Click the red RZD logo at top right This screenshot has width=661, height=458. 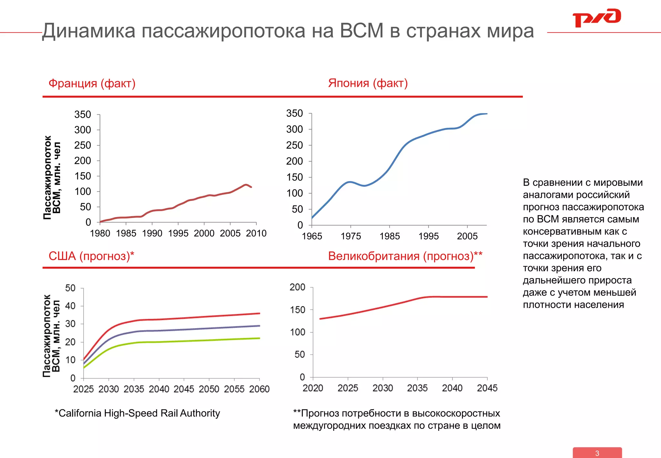click(x=596, y=18)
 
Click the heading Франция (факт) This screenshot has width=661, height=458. click(x=92, y=83)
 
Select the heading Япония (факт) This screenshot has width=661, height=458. click(x=368, y=83)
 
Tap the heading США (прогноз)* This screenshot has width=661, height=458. click(x=91, y=256)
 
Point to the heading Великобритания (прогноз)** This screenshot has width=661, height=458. click(x=405, y=256)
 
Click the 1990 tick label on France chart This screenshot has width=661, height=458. click(x=152, y=233)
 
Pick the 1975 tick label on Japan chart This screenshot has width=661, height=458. click(x=351, y=236)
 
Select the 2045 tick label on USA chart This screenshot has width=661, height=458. click(x=184, y=389)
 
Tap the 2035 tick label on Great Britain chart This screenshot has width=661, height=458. click(x=417, y=388)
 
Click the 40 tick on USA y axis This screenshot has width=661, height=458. click(x=70, y=306)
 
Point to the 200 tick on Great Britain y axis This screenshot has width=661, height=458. click(x=297, y=287)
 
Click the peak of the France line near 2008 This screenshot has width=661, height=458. click(x=246, y=185)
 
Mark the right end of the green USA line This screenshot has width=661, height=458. click(x=259, y=338)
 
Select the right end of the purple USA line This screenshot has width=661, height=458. click(x=259, y=326)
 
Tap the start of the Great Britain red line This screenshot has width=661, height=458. click(x=320, y=319)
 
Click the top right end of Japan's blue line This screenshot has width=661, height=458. click(x=486, y=114)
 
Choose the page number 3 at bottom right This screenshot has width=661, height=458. click(x=597, y=453)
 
